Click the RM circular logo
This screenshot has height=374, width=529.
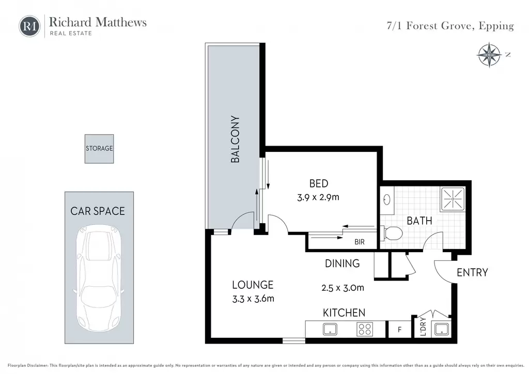[29, 26]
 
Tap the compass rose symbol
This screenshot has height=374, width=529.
[489, 55]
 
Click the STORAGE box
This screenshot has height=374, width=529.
[99, 149]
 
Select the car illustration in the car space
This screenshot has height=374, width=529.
[99, 278]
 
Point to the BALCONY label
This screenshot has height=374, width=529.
[235, 139]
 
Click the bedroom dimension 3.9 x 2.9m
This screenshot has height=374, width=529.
[318, 197]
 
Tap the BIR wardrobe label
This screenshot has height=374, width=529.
[360, 242]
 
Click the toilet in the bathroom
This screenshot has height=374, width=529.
[392, 233]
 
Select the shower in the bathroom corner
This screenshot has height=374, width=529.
[452, 199]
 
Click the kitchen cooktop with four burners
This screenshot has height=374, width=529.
[365, 329]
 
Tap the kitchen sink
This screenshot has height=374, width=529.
[330, 329]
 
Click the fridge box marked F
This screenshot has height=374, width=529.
[400, 329]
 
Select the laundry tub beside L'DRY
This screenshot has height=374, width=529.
[442, 329]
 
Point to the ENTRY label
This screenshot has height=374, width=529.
[472, 272]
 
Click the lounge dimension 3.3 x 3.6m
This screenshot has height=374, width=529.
[253, 299]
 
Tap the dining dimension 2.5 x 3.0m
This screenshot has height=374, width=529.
[343, 288]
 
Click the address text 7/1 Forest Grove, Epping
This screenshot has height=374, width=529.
[450, 26]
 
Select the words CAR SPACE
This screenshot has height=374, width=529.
[98, 211]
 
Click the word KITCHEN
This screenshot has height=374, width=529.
[344, 313]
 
